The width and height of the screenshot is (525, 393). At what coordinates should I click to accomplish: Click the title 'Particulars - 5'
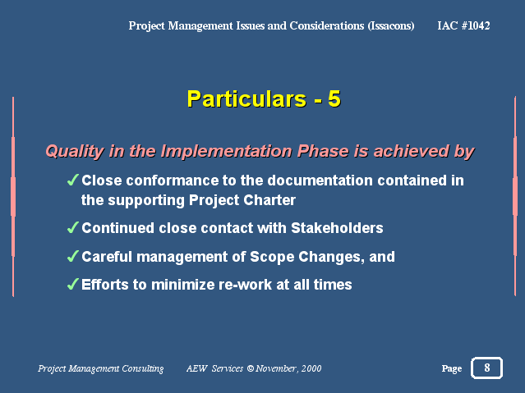pos(264,98)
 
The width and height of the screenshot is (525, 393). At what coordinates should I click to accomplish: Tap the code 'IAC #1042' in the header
pos(463,25)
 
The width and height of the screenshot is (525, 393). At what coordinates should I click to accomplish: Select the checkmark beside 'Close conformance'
pos(73,180)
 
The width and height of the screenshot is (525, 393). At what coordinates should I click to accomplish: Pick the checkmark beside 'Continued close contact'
pos(73,227)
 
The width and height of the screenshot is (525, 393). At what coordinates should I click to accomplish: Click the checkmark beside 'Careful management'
pos(73,256)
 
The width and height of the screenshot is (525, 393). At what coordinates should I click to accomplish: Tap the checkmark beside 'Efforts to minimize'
pos(73,285)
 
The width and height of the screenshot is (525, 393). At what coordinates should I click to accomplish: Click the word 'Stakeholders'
pos(337,228)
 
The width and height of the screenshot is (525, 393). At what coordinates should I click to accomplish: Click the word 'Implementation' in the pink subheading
pos(226,151)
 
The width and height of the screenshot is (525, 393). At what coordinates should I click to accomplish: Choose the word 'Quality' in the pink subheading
pos(75,151)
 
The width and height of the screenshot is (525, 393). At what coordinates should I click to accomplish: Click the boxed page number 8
pos(487,368)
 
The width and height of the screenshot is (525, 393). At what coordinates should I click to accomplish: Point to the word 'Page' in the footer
pos(452,368)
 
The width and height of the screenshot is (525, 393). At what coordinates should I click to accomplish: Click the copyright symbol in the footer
pos(251,368)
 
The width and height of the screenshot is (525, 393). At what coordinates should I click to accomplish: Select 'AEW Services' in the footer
pos(214,368)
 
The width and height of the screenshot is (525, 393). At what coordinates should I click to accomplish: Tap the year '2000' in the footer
pos(311,368)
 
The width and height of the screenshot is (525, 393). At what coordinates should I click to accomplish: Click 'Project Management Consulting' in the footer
pos(101,368)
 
